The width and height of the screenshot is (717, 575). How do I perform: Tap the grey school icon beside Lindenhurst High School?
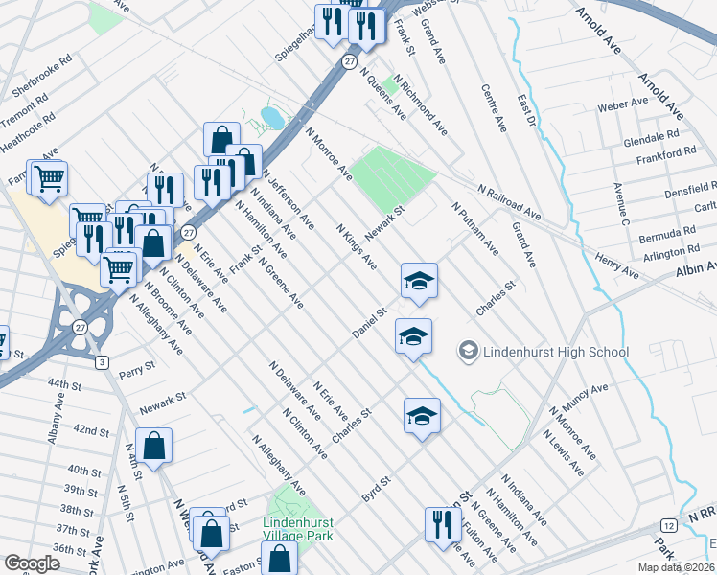coord(469,352)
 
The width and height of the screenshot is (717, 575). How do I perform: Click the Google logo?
coord(32,563)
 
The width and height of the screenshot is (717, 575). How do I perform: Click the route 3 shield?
coord(102,361)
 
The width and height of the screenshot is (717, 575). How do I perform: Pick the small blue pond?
coord(271,118)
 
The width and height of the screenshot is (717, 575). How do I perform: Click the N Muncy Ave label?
coord(582,400)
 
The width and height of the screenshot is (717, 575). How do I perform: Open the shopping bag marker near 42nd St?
coord(153,446)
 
